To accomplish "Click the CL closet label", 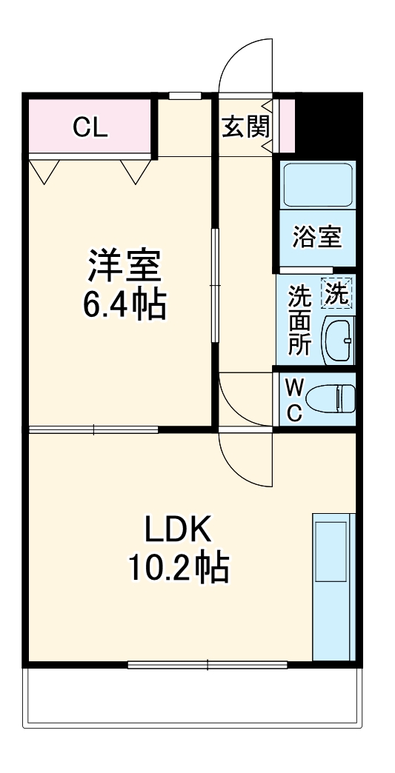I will (x=90, y=127).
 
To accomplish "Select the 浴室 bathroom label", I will (x=316, y=237).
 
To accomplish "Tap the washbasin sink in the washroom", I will (x=339, y=341).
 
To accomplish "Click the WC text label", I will (x=294, y=400).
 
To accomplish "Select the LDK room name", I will (x=178, y=529).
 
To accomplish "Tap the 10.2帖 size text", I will (x=178, y=568).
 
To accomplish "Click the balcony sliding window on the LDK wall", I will (x=207, y=665).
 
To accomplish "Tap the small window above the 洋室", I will (x=185, y=96).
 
